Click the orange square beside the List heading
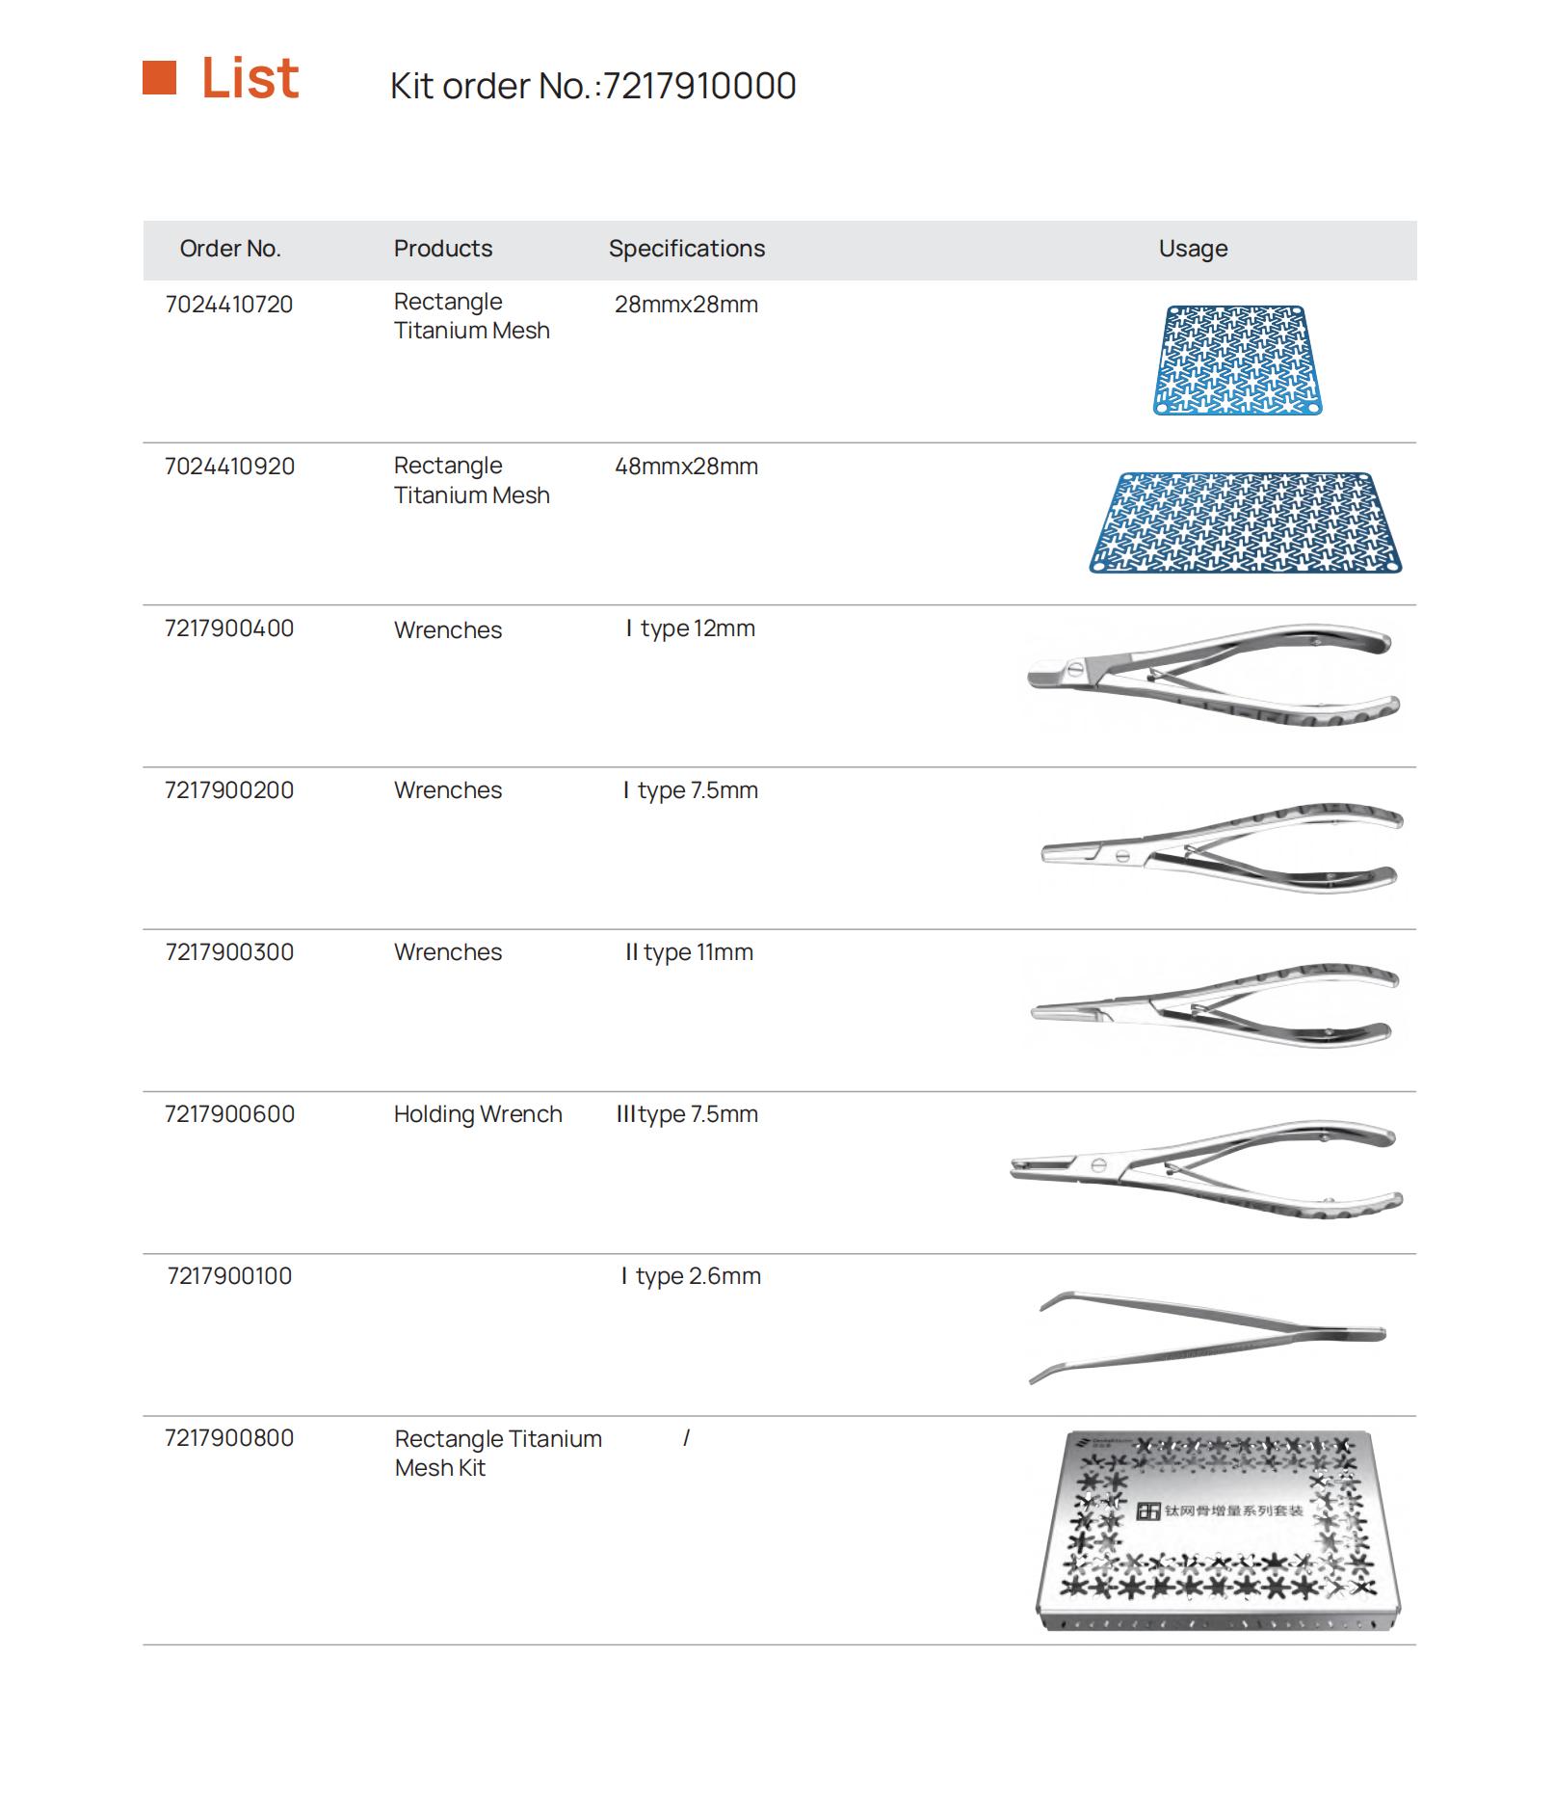[x=159, y=78]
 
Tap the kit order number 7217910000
[x=699, y=86]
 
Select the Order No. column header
[x=230, y=249]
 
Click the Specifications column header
[x=687, y=249]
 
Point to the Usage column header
[x=1193, y=249]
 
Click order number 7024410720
[x=229, y=305]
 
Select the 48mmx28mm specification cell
[x=686, y=467]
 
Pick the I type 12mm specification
[x=690, y=628]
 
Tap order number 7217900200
[x=229, y=790]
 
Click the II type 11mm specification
[x=689, y=952]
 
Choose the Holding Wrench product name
[x=478, y=1114]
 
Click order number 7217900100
[x=229, y=1276]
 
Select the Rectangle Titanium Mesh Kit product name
[x=498, y=1453]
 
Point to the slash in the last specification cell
[x=686, y=1438]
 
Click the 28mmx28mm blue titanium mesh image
[x=1238, y=361]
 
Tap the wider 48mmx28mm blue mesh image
[x=1246, y=522]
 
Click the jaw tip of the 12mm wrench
[x=1033, y=674]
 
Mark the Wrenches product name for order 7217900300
[x=448, y=952]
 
